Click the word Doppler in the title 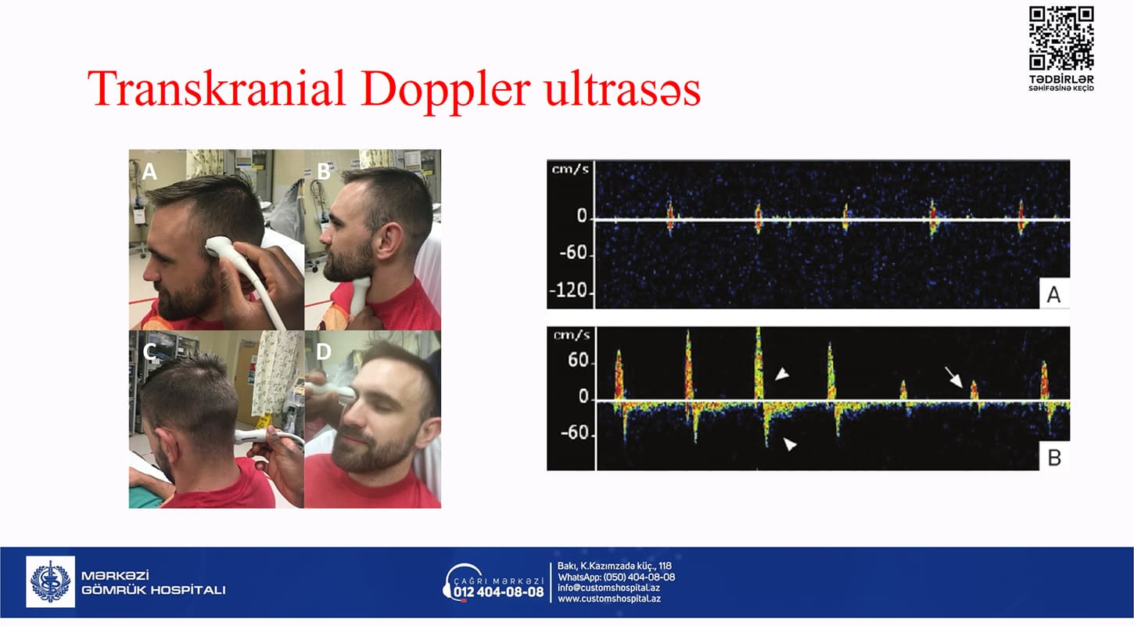pos(446,90)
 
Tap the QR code pos(1060,38)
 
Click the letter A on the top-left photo pos(149,171)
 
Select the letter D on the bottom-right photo pos(323,351)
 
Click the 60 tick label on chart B pos(578,360)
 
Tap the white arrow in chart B pos(954,377)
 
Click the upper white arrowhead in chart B pos(782,374)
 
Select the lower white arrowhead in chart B pos(790,444)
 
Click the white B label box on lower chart pos(1054,456)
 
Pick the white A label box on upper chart pos(1054,293)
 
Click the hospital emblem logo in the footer pos(50,581)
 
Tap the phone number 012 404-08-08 pos(498,592)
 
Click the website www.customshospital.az pos(609,599)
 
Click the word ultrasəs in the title pos(623,90)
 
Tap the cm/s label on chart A pos(571,169)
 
